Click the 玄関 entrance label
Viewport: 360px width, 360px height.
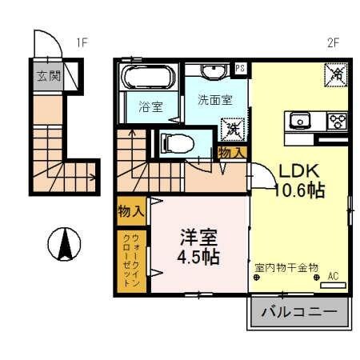coord(48,77)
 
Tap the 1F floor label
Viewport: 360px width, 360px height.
coord(81,42)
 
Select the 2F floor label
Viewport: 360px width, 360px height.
coord(334,42)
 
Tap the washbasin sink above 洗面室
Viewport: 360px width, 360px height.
coord(213,72)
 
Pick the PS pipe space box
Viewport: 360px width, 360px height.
coord(240,70)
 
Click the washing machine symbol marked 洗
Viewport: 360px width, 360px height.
coord(233,127)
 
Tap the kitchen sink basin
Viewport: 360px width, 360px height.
coord(301,121)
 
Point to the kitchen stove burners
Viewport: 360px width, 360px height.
coord(337,121)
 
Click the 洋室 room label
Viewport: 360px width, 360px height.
coord(198,238)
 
